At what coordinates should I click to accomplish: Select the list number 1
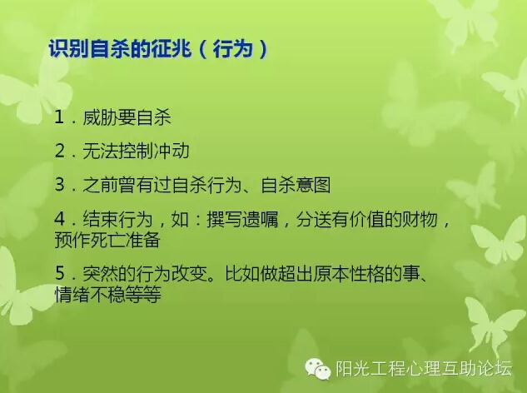pos(59,117)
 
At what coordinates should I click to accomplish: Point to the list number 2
pos(60,151)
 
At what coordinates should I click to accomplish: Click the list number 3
pos(60,185)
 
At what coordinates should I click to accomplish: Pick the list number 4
pos(60,219)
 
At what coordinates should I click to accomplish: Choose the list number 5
pos(60,273)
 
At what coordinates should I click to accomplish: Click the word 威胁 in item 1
pos(100,117)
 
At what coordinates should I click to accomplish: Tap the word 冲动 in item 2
pos(172,151)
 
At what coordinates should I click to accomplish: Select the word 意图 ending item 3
pos(313,185)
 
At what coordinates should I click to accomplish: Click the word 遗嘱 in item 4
pos(260,219)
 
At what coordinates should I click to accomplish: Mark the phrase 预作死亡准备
pos(107,240)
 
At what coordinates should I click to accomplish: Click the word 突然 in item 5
pos(100,274)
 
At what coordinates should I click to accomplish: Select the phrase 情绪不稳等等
pos(108,294)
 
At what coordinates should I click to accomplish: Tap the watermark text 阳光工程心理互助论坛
pos(424,368)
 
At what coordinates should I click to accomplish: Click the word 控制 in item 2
pos(136,151)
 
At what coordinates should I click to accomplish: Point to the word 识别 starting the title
pos(69,49)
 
